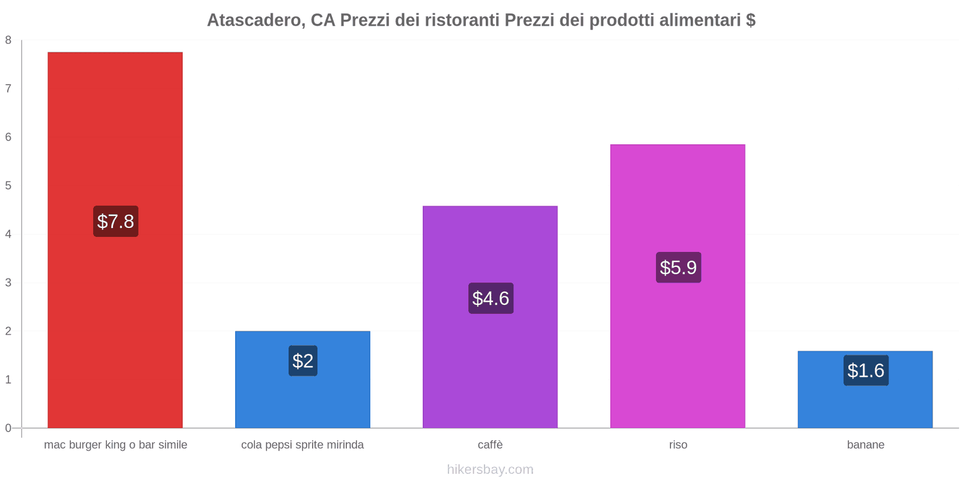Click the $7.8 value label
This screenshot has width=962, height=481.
tap(115, 221)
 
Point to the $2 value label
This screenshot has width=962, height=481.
tap(302, 361)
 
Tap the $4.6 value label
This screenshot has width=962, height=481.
tap(491, 298)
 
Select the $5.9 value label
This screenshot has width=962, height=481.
tap(678, 268)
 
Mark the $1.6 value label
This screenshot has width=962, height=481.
tap(866, 370)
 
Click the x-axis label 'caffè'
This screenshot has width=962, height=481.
tap(490, 445)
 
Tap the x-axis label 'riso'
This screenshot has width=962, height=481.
tap(678, 445)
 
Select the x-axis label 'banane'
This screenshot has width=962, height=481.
tap(865, 445)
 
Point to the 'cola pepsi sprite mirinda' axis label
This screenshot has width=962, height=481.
tap(302, 445)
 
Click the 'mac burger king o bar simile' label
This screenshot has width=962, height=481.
tap(115, 445)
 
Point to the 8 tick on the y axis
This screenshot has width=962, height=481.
tap(8, 40)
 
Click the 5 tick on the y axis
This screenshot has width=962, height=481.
tap(8, 186)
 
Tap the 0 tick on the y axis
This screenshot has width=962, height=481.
tap(8, 428)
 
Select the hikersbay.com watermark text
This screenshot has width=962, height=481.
tap(490, 470)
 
